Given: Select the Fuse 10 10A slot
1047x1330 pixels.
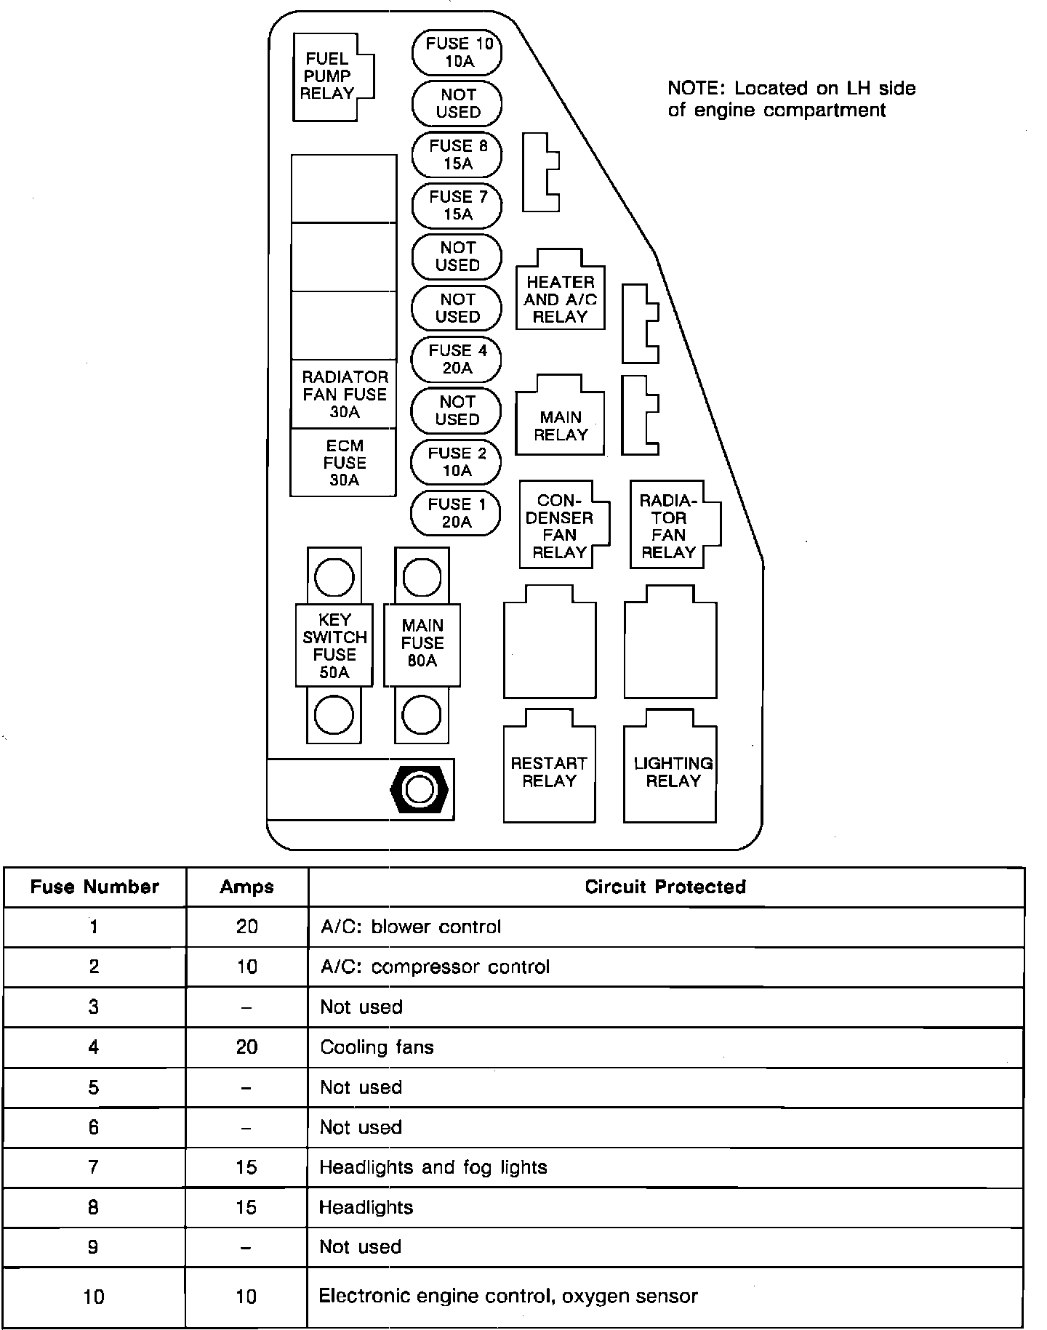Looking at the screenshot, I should coord(457,52).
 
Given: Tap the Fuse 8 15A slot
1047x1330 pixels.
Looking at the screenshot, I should coord(457,155).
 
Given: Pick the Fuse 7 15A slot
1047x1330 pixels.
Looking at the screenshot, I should coord(457,206).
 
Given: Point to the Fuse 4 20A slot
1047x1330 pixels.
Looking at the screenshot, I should coord(457,359).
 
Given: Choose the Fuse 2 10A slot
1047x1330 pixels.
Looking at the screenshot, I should coord(456,462).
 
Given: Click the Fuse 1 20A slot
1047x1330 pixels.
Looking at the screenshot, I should coord(456,513).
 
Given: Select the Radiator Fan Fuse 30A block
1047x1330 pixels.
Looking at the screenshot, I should coord(344,395).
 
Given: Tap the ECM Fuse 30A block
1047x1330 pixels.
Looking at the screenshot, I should coord(344,463).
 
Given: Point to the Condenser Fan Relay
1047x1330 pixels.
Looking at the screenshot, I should coord(561,526).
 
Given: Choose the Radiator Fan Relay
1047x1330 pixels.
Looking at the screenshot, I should coord(670,526).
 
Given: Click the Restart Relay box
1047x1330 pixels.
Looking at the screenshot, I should coord(549,772).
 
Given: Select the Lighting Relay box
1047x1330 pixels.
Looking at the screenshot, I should coord(671,772).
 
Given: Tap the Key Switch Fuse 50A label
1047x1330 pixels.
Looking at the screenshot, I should coord(334,645).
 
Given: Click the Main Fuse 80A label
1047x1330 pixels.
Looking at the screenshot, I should coord(422,644).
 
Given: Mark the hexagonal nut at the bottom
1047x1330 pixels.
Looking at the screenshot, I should coord(420,789).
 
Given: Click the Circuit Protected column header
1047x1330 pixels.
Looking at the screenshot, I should coord(665,887).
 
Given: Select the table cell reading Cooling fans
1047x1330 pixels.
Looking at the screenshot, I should coord(377,1047).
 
